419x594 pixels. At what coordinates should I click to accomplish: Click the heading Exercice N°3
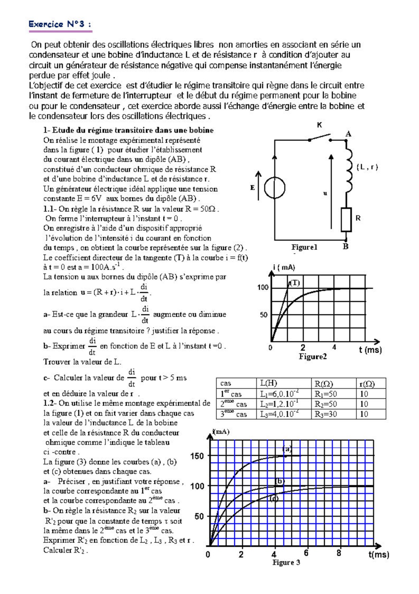60,24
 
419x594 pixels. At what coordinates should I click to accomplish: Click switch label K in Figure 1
319,125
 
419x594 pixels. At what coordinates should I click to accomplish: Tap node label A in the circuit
348,134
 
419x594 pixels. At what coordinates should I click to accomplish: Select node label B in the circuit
345,246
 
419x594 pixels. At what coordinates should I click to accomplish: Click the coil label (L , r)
367,167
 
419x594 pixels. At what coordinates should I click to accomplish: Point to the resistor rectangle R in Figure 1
346,220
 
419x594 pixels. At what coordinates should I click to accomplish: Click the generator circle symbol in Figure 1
275,188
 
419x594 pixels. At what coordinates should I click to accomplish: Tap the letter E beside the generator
252,188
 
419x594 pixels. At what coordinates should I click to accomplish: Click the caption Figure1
304,247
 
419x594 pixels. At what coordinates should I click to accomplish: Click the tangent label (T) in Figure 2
294,283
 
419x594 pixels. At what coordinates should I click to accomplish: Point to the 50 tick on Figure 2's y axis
264,315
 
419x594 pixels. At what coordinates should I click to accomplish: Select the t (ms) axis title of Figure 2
370,350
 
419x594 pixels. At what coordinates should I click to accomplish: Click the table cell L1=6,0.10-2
279,394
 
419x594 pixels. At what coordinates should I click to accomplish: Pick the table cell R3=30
326,414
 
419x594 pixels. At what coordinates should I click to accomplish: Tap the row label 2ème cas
233,404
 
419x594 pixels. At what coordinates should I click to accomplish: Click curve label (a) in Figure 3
287,449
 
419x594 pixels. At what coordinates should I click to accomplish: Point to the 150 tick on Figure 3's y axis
197,456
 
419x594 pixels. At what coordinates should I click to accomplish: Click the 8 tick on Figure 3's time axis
339,553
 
